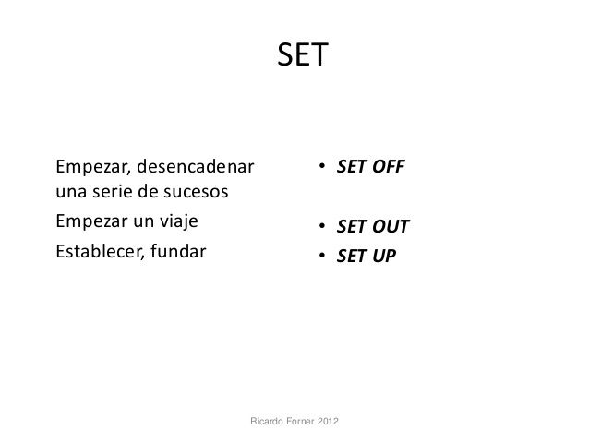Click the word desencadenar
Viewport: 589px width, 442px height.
[197, 167]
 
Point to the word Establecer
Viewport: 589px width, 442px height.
[93, 249]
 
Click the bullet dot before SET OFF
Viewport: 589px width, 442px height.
[314, 169]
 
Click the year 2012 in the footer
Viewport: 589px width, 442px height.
[327, 422]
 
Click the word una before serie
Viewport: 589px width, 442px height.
[70, 194]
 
